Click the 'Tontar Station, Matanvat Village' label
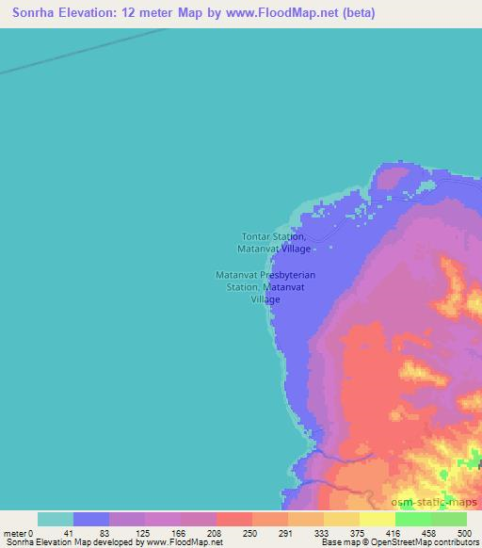tap(274, 242)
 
